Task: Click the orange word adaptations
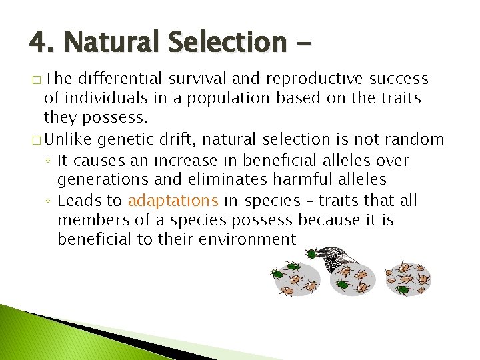pos(173,201)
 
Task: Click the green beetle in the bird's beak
pos(311,253)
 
